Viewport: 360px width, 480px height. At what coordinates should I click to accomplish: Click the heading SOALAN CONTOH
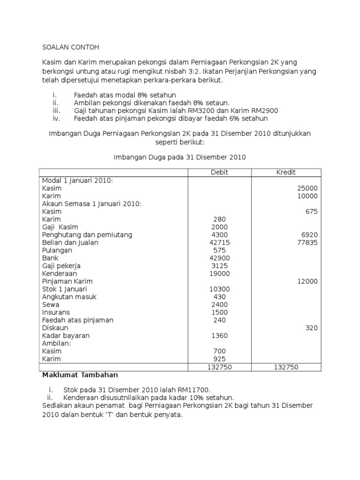pyautogui.click(x=71, y=47)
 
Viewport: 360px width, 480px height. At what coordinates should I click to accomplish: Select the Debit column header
pyautogui.click(x=219, y=172)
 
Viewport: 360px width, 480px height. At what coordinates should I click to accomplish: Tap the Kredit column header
pyautogui.click(x=286, y=172)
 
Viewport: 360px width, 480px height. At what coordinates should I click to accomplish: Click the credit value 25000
pyautogui.click(x=307, y=188)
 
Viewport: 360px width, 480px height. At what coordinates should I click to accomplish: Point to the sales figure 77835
pyautogui.click(x=307, y=242)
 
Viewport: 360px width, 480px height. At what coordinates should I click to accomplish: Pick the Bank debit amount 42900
pyautogui.click(x=219, y=258)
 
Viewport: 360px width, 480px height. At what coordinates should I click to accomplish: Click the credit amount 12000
pyautogui.click(x=307, y=281)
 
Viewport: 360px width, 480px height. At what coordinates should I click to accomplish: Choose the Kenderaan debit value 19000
pyautogui.click(x=219, y=273)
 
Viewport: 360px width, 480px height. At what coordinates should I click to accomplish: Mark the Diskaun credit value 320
pyautogui.click(x=311, y=328)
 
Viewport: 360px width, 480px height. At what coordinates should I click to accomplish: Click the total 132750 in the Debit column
pyautogui.click(x=219, y=367)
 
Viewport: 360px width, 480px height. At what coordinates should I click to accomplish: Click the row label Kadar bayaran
pyautogui.click(x=66, y=336)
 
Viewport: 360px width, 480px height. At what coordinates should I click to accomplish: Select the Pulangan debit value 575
pyautogui.click(x=219, y=250)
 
